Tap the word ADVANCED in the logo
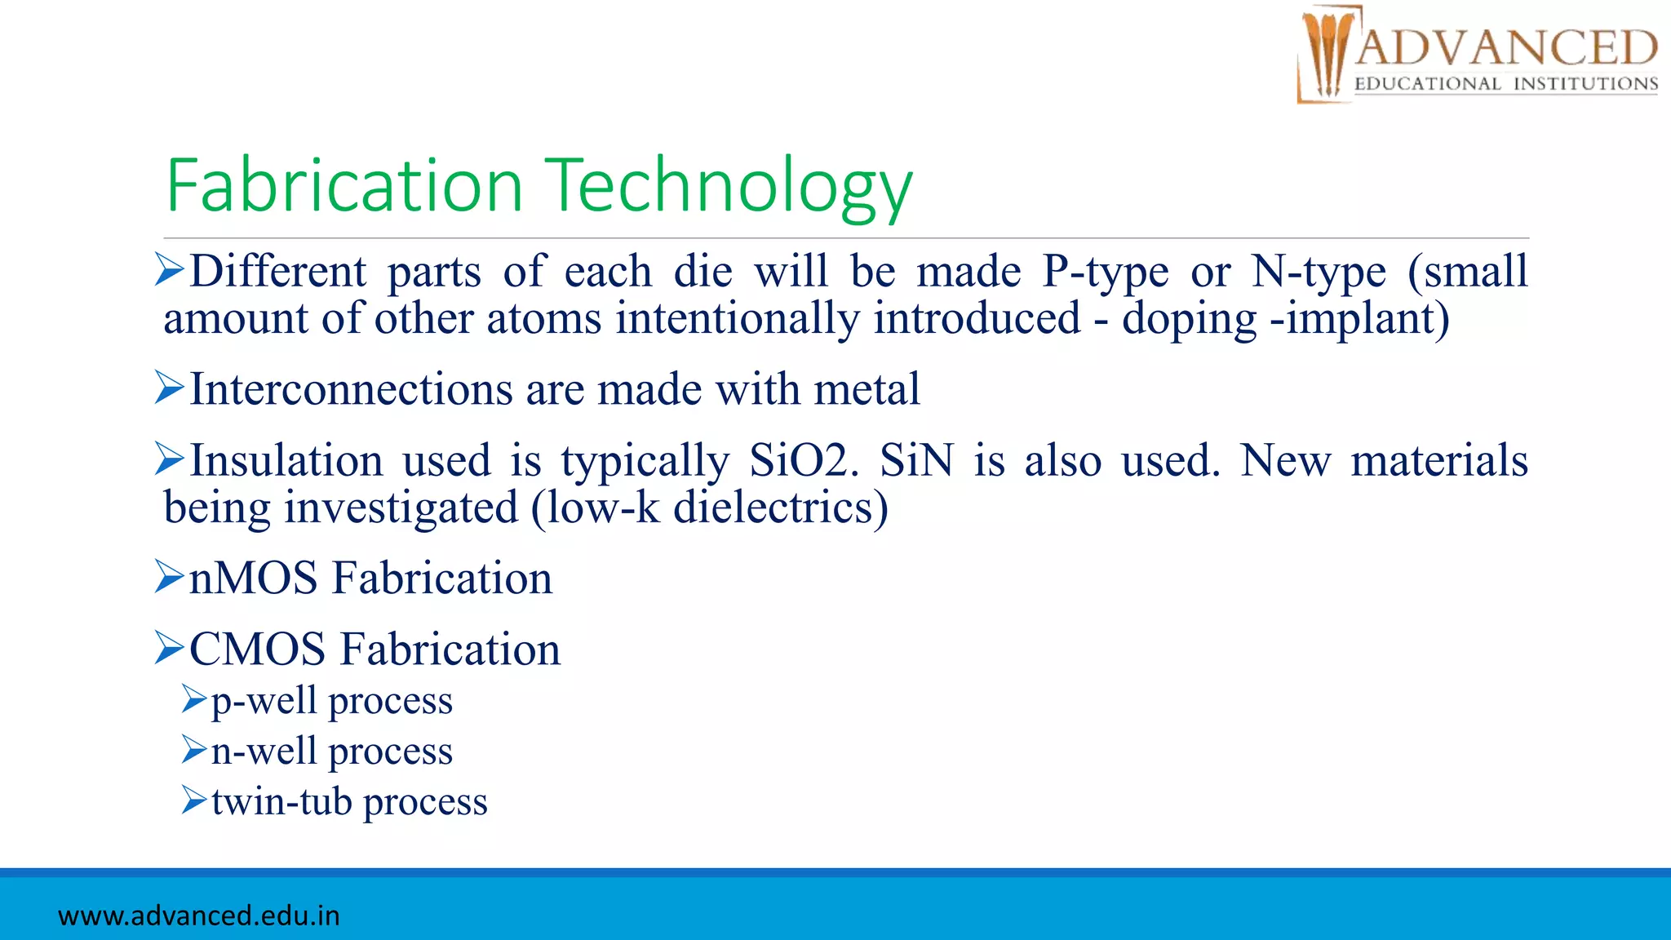tap(1506, 47)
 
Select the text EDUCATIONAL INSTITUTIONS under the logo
tap(1506, 84)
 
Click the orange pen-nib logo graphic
tap(1327, 54)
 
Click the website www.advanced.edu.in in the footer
tap(199, 916)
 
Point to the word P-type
tap(1106, 272)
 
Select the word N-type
tap(1319, 272)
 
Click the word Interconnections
tap(351, 389)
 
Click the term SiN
tap(916, 461)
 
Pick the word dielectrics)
tap(781, 508)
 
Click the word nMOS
tap(253, 579)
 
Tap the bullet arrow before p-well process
tap(193, 698)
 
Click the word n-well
tap(263, 751)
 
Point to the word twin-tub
tap(281, 801)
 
